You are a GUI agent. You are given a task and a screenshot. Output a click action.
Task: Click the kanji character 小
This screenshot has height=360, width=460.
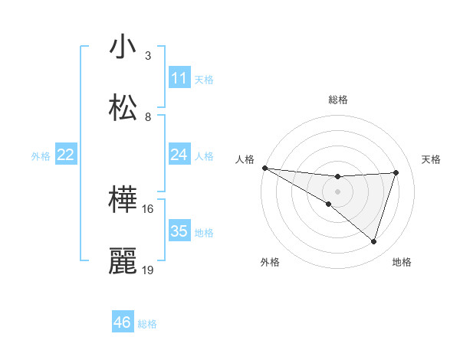[123, 47]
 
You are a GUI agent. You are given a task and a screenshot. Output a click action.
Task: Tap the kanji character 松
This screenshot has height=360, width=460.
[123, 108]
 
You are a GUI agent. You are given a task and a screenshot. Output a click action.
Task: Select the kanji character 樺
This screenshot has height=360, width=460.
[123, 201]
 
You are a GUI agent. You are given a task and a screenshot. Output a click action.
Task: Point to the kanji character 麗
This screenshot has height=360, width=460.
[123, 261]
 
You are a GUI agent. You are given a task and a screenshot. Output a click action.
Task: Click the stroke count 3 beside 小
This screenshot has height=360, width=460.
[148, 56]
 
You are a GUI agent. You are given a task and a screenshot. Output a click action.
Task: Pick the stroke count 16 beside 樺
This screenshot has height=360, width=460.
[148, 208]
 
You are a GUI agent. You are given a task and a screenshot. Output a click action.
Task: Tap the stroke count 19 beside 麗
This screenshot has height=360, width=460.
[148, 270]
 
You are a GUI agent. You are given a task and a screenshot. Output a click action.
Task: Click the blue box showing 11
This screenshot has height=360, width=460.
[179, 78]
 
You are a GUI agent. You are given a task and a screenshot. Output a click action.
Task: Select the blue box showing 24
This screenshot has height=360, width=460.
[179, 155]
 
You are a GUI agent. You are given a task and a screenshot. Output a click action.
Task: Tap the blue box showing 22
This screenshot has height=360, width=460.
[65, 155]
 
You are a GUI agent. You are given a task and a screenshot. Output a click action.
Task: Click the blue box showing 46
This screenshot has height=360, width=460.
[122, 322]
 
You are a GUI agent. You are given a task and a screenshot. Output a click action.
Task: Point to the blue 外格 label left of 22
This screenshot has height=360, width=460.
[41, 156]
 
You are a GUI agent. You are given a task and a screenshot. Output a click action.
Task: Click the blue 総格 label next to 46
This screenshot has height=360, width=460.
[147, 324]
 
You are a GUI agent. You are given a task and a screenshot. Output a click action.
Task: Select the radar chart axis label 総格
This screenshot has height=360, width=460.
[337, 100]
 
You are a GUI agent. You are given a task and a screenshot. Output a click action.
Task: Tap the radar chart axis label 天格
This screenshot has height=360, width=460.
[432, 159]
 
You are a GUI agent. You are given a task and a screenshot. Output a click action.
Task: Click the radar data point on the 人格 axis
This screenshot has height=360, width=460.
[264, 168]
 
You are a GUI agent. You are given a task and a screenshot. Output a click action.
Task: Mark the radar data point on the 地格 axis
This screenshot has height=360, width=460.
[373, 241]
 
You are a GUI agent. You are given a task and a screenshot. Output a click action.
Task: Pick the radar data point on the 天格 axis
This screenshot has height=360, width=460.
[396, 172]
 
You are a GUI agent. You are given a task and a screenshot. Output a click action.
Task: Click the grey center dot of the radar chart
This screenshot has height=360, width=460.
[337, 191]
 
